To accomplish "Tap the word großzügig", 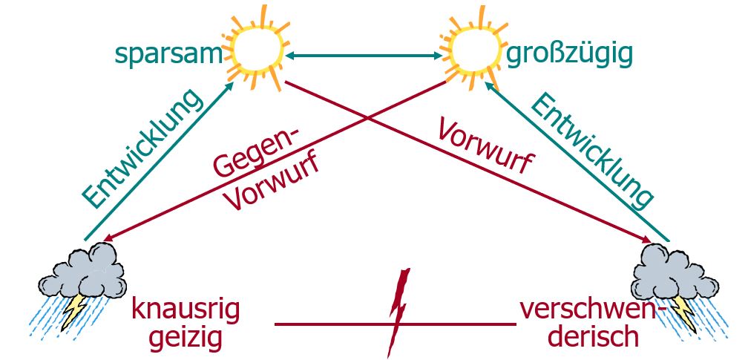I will tap(569, 54).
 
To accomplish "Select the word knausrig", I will tap(186, 310).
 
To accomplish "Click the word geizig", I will tap(186, 338).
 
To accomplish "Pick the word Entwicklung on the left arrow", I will tap(142, 148).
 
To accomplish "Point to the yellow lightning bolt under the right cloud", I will tap(683, 312).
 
